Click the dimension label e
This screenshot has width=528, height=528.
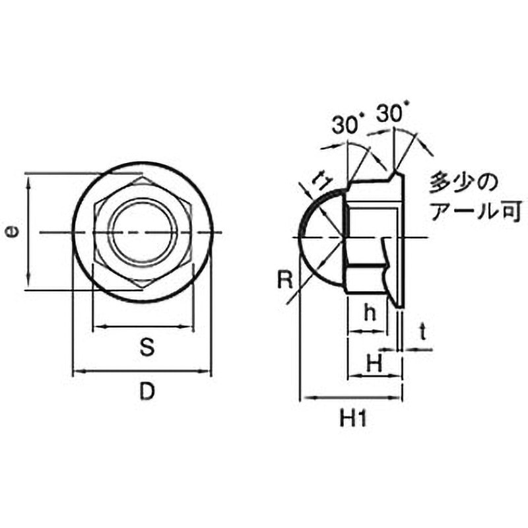click(x=11, y=232)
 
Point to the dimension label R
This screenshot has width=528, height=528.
click(x=284, y=281)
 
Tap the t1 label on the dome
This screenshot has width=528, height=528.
click(x=323, y=178)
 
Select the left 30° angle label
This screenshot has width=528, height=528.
click(x=348, y=124)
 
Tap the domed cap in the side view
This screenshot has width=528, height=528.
click(x=320, y=234)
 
